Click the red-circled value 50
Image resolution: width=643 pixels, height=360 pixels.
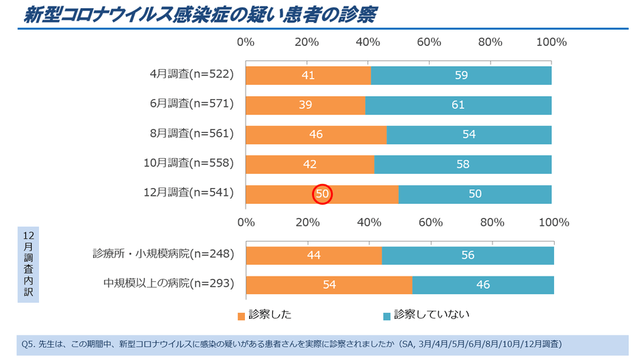tap(322, 194)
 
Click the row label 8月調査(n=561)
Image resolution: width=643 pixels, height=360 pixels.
tap(192, 134)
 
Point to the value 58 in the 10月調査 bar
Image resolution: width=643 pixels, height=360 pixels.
tap(462, 164)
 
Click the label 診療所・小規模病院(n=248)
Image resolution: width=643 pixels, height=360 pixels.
tap(163, 254)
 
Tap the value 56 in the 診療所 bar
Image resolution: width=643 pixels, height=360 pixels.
tap(468, 255)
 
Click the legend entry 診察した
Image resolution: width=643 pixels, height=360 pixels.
tap(265, 315)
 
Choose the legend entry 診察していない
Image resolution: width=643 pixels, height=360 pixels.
tap(426, 315)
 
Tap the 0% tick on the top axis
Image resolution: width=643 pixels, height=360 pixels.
tap(246, 42)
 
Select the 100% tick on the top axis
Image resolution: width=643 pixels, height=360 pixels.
tap(551, 42)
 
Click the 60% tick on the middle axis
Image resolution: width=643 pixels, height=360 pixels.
tap(429, 222)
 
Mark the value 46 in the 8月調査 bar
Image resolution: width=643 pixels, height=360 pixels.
tap(316, 135)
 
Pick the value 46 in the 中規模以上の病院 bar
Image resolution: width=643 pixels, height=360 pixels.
tap(483, 285)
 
